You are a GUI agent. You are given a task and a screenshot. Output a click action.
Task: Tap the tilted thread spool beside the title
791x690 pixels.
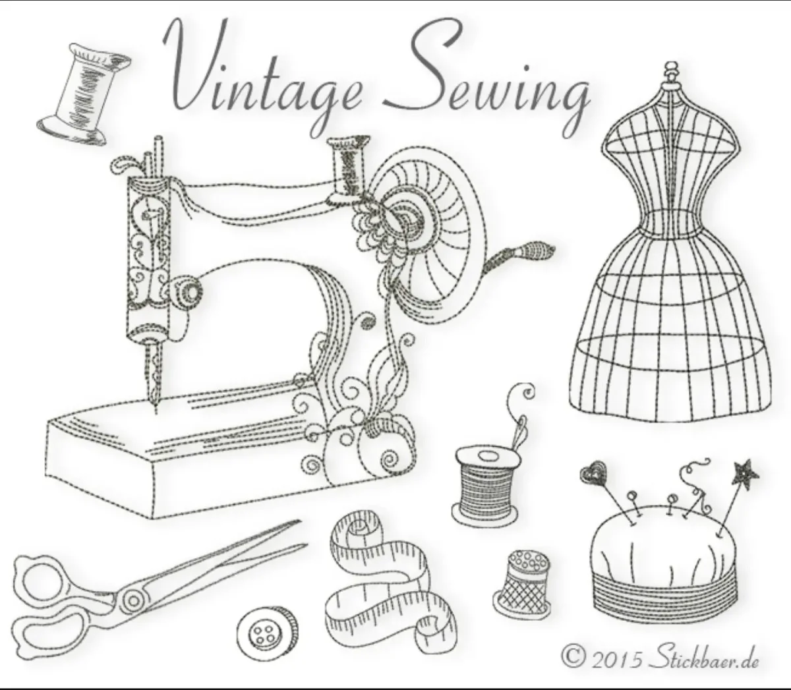84,95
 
